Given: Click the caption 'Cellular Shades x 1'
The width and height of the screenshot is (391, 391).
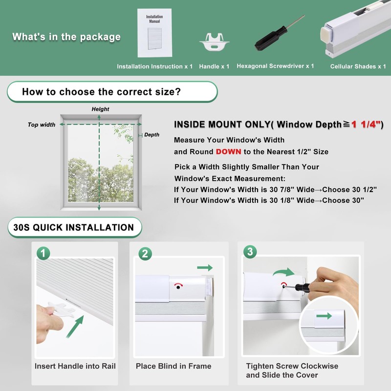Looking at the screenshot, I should coord(358,66).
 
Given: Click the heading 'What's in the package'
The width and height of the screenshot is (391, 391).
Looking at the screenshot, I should coord(66,37).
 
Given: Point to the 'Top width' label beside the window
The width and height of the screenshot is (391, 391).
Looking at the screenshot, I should coord(42,125).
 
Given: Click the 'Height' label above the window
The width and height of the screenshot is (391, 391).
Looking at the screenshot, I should coord(101,109).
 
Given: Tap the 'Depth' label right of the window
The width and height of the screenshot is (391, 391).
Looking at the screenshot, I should coord(152,135).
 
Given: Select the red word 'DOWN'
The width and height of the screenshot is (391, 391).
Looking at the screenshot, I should coord(229,152).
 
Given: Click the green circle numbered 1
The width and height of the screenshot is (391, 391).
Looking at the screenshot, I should coord(43,253).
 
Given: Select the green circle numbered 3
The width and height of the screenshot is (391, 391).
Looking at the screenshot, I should coord(250,252).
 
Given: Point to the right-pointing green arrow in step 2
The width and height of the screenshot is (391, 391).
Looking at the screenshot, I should coord(206,267).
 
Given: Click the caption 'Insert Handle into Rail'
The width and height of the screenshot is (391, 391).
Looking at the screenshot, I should coord(75,366).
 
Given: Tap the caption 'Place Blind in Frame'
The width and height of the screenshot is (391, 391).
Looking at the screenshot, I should coord(174,366).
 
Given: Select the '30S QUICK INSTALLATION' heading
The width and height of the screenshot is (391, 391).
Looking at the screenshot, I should coord(74,227).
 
